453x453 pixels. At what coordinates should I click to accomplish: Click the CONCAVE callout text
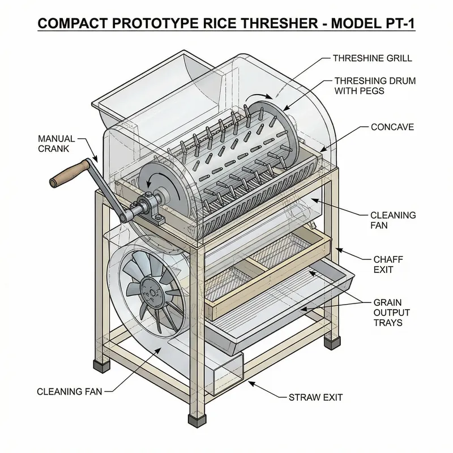392,127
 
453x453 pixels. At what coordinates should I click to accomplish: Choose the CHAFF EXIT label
388,264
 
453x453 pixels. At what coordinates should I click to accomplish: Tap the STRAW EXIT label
315,397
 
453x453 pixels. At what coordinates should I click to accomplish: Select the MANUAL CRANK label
53,143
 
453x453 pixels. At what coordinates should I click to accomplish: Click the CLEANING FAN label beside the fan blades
70,391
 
